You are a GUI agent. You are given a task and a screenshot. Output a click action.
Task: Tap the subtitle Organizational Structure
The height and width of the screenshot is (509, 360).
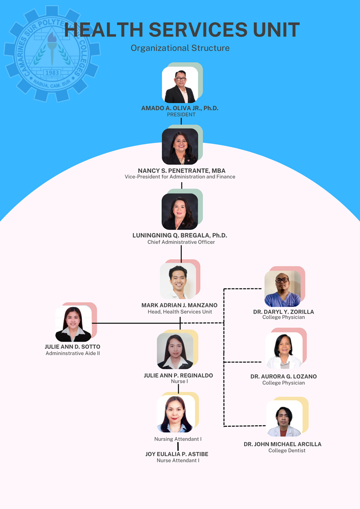[x=180, y=48]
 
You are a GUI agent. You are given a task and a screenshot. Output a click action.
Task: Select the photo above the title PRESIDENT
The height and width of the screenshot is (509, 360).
[x=180, y=85]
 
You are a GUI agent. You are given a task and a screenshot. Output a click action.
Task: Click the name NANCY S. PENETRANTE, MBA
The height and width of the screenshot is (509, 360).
[x=181, y=171]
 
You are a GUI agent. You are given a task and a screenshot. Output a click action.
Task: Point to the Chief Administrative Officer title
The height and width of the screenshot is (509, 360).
[x=181, y=242]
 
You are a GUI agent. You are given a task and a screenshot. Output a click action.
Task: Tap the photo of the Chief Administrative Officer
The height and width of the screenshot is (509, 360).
[x=180, y=211]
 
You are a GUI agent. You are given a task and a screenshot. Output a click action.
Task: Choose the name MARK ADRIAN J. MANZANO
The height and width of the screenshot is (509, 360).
[x=179, y=305]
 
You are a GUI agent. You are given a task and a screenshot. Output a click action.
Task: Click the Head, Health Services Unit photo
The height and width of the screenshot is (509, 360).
[x=178, y=281]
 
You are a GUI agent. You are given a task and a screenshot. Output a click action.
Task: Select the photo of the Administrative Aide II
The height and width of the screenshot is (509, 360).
[x=73, y=324]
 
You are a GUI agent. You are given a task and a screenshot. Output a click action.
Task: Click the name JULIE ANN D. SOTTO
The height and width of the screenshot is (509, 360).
[x=72, y=347]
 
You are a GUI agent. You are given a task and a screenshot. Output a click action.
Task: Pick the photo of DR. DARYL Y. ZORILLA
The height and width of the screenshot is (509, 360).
[x=282, y=288]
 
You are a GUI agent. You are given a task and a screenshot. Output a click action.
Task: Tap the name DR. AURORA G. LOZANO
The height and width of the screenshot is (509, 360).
[x=283, y=376]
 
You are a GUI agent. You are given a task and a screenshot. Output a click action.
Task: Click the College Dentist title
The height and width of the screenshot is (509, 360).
[x=287, y=451]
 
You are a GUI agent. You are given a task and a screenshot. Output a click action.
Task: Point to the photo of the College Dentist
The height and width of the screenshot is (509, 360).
[x=284, y=418]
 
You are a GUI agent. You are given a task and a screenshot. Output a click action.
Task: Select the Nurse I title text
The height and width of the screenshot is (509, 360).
[x=179, y=381]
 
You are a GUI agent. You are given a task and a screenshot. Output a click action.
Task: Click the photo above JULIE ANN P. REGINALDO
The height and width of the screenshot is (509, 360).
[x=175, y=351]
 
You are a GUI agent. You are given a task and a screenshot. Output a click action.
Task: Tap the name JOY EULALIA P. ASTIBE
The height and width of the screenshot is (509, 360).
[x=177, y=454]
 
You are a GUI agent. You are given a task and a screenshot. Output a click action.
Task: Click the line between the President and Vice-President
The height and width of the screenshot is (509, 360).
[x=181, y=121]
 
